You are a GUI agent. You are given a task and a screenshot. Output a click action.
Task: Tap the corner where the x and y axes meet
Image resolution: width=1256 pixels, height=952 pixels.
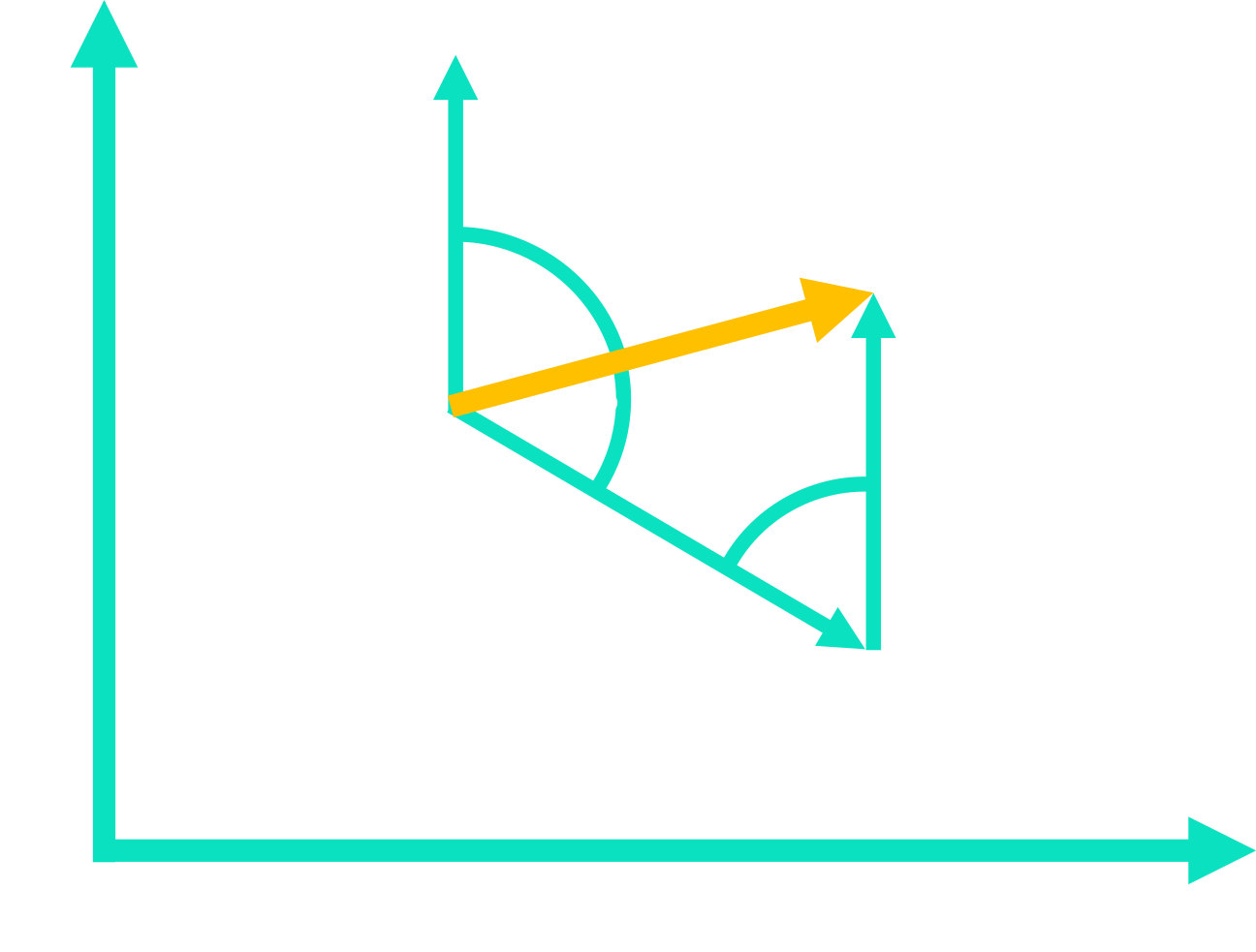(105, 849)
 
